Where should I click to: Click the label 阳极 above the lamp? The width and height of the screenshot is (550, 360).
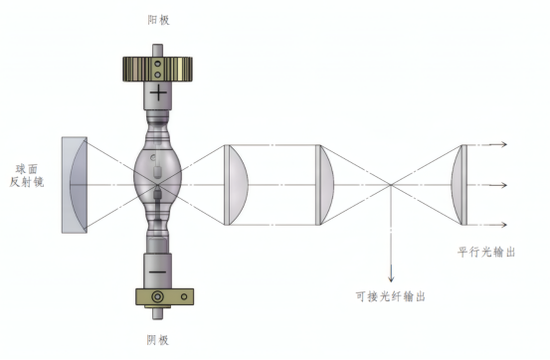click(157, 20)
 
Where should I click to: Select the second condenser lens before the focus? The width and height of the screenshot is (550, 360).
click(322, 184)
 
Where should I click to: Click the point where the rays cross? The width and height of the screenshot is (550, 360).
click(390, 184)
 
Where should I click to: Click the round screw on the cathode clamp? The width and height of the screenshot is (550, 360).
click(156, 297)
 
